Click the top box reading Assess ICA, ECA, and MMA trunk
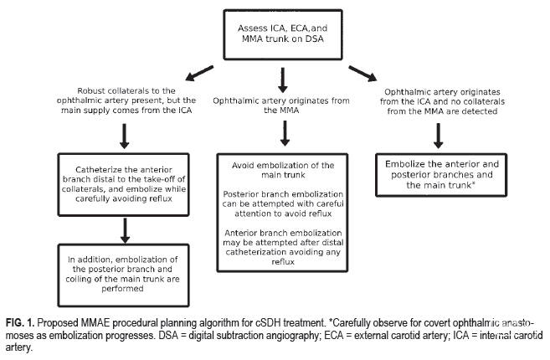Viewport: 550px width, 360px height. click(283, 34)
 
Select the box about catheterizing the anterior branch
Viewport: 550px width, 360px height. click(123, 184)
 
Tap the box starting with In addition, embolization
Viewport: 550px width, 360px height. click(123, 275)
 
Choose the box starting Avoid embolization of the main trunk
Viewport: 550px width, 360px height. click(282, 213)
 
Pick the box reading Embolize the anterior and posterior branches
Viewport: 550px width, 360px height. click(441, 175)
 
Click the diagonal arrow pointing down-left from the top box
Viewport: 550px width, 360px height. click(199, 73)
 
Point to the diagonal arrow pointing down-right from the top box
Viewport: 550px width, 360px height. click(362, 74)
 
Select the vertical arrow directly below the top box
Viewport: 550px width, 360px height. click(283, 80)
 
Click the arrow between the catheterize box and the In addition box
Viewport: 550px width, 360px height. click(125, 231)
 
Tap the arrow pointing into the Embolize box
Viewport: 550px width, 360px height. click(438, 136)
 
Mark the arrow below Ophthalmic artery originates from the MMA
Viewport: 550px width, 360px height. click(285, 133)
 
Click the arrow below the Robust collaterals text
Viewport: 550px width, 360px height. click(124, 136)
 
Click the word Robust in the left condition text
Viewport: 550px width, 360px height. click(91, 91)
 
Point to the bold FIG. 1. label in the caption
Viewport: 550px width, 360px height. click(20, 322)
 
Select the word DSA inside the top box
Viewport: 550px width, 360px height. click(314, 39)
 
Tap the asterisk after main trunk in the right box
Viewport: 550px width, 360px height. click(474, 184)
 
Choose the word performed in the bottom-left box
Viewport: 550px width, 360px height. click(122, 289)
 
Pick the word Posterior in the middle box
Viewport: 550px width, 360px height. click(239, 194)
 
